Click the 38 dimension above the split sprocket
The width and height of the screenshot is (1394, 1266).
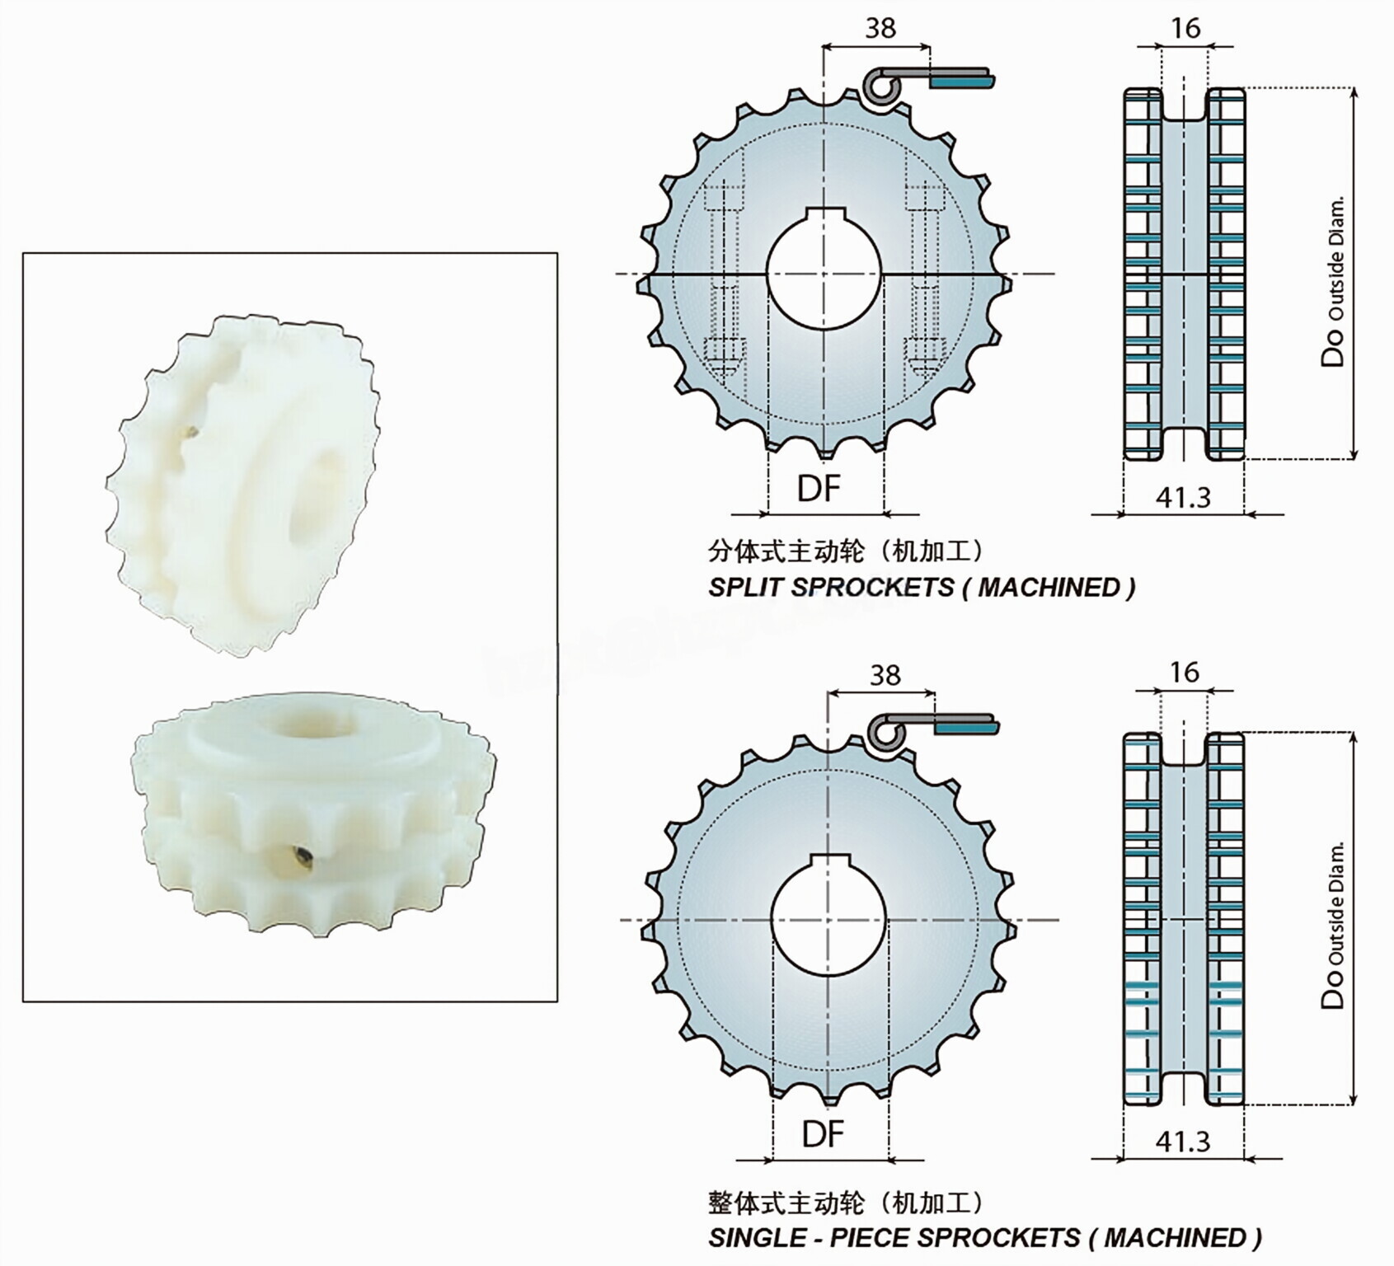(x=880, y=28)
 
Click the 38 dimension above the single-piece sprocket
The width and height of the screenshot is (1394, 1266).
(x=885, y=675)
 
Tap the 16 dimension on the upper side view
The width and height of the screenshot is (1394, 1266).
(x=1185, y=28)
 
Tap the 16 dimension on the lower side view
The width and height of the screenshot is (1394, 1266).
(x=1184, y=672)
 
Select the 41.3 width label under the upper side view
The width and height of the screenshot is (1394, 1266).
(x=1183, y=497)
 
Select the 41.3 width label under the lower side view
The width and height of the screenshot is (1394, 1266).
(x=1183, y=1141)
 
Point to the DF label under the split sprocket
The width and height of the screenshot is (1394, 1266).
(x=819, y=489)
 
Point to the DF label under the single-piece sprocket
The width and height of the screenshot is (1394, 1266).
(x=823, y=1134)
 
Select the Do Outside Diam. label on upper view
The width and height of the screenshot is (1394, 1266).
(x=1334, y=280)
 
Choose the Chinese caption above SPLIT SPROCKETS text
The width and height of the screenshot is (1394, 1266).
(x=845, y=551)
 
